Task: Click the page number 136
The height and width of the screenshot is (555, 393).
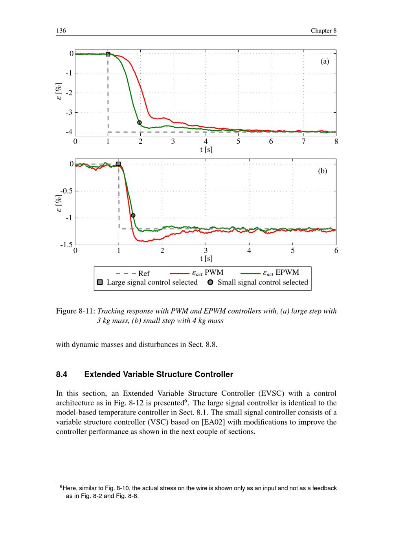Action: [61, 31]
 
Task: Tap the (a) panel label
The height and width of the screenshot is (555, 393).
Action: [325, 61]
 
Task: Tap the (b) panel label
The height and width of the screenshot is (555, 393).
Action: [323, 171]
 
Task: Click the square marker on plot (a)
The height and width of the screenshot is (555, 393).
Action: [108, 54]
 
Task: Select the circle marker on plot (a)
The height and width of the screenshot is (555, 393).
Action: [140, 122]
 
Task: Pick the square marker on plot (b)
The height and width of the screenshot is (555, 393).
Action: [118, 164]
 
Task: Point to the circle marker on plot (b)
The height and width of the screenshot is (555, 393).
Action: [133, 215]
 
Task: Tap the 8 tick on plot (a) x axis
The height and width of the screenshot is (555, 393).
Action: [336, 141]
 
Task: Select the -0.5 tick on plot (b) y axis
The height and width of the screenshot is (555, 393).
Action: [67, 191]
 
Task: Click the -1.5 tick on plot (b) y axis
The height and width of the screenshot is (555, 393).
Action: [67, 245]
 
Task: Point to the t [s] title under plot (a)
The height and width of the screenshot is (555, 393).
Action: [206, 149]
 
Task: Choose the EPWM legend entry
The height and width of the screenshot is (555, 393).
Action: [281, 272]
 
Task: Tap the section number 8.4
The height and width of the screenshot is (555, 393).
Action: [62, 374]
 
